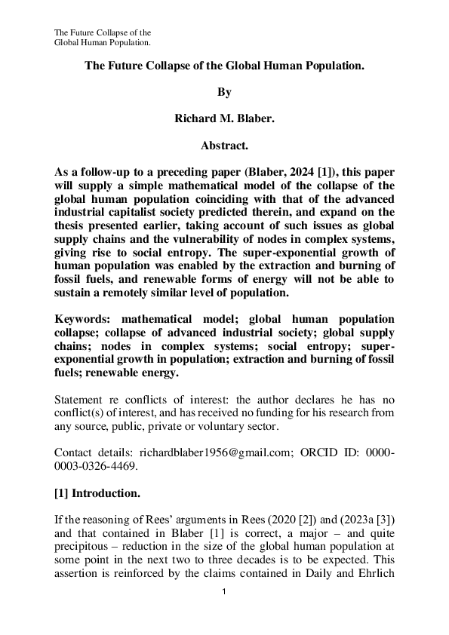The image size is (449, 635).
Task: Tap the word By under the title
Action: [x=224, y=92]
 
